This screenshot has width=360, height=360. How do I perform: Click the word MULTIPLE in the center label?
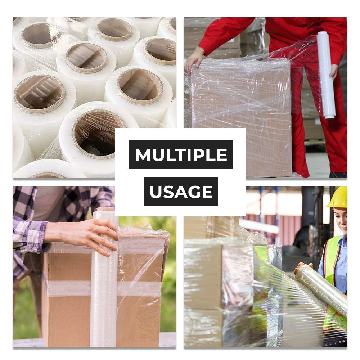tap(181, 155)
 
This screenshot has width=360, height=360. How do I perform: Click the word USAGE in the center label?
tap(181, 192)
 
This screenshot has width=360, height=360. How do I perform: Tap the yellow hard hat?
tap(338, 198)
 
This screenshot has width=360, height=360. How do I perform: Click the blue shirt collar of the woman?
tap(343, 239)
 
